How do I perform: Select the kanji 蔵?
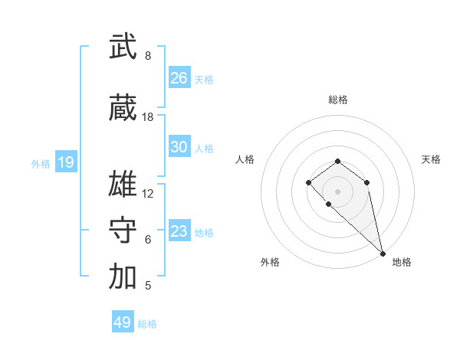coord(123,110)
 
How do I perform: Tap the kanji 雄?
coord(123,185)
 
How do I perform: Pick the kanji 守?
coord(123,231)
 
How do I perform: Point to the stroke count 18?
coord(148,117)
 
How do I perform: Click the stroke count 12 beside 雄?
coord(148,194)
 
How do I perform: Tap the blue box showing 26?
coord(179,77)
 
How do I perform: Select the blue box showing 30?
coord(179,147)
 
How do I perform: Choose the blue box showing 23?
coord(179,231)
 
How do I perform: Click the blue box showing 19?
coord(65,162)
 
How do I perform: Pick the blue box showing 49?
coord(123,322)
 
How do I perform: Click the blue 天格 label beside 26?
coord(204,79)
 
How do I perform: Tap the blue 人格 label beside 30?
coord(204,149)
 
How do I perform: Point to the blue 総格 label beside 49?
coord(147,324)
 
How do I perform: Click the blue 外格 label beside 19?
coord(41,163)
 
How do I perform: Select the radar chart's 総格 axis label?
coord(338,100)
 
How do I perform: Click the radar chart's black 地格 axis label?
coord(402,262)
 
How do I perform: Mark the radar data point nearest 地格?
coord(383,253)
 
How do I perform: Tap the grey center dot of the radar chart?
coord(337,191)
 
